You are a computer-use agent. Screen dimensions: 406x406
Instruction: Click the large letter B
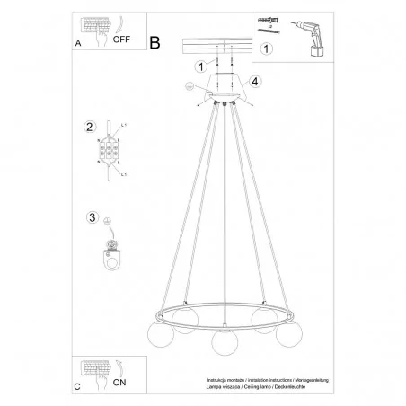154,41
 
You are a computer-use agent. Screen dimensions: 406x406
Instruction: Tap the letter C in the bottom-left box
76,387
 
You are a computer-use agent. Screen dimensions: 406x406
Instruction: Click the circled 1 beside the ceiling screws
201,66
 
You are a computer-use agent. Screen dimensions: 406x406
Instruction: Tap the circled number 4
255,83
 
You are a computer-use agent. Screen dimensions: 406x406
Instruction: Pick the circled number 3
91,216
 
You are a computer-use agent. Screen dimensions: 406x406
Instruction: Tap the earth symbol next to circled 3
110,218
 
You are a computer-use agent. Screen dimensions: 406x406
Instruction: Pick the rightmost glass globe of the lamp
287,335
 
